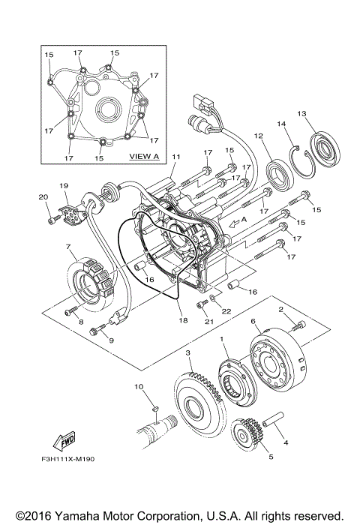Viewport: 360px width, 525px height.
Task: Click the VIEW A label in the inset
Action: pyautogui.click(x=144, y=157)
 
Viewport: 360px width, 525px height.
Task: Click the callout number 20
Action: pyautogui.click(x=42, y=197)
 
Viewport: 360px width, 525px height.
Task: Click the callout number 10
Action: pyautogui.click(x=138, y=386)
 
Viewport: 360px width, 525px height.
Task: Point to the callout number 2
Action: pyautogui.click(x=301, y=308)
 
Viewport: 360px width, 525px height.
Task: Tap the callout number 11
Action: pyautogui.click(x=176, y=157)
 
